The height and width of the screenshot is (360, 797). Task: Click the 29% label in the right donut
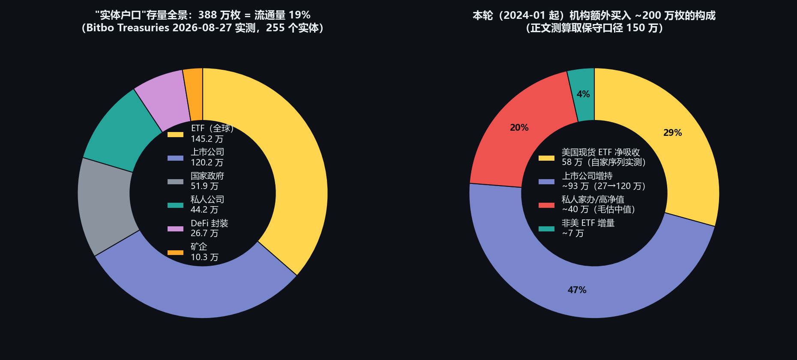(672, 133)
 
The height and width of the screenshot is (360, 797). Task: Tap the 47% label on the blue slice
(577, 290)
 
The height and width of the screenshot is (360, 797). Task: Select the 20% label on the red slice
(519, 128)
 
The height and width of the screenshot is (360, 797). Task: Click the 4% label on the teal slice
(583, 94)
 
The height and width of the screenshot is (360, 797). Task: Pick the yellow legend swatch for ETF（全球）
(175, 135)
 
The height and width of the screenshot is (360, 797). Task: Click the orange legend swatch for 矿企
(175, 252)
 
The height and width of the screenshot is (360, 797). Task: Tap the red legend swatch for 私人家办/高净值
(546, 205)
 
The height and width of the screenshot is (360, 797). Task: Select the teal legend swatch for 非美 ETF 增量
(546, 229)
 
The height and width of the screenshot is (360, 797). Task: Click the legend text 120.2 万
(207, 162)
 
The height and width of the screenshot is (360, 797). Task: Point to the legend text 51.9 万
(204, 186)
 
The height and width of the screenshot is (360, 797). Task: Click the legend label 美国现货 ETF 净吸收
(601, 152)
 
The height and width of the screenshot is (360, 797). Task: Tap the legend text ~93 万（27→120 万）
(604, 186)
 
